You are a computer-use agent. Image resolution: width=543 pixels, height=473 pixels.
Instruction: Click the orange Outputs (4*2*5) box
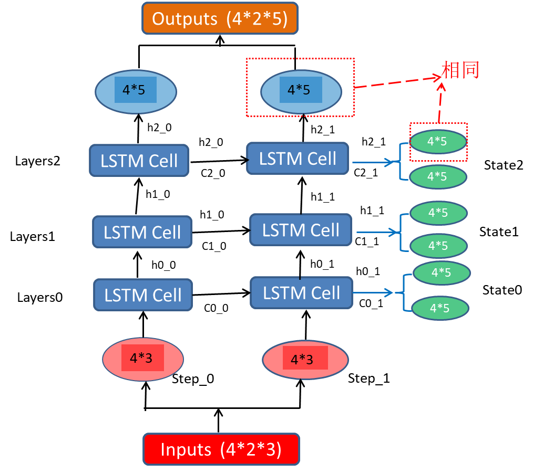[220, 19]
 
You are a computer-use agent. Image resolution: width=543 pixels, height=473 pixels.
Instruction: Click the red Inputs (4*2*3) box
[221, 449]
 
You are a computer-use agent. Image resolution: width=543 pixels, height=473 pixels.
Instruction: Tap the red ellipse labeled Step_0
[142, 359]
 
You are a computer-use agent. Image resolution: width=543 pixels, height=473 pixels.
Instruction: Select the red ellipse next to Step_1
[304, 360]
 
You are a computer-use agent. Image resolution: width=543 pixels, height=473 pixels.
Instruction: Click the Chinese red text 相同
[460, 70]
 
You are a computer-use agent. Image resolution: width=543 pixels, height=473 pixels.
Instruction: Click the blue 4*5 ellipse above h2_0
[136, 90]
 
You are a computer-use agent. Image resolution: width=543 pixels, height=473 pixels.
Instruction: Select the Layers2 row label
[38, 161]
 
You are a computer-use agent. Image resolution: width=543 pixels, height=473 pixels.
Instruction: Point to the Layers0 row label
[40, 298]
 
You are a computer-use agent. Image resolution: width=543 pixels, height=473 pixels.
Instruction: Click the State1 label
[499, 232]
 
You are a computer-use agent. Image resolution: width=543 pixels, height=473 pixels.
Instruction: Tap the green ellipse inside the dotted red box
[438, 141]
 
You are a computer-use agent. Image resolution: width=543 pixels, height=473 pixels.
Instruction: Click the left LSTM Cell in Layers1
[142, 232]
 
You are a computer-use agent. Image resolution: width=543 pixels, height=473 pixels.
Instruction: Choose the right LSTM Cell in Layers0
[301, 293]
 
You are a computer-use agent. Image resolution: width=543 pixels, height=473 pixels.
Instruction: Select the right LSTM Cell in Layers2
[298, 159]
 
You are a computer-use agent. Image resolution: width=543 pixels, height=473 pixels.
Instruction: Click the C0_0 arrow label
[216, 308]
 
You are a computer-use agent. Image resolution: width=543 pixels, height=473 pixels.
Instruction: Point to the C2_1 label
[366, 172]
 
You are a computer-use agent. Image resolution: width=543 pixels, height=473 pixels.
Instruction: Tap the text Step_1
[369, 379]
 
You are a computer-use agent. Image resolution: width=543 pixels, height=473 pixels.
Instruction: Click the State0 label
[502, 290]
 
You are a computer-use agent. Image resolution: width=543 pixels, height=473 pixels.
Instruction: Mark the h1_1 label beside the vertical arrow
[322, 196]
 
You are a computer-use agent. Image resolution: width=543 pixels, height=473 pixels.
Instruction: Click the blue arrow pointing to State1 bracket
[376, 232]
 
